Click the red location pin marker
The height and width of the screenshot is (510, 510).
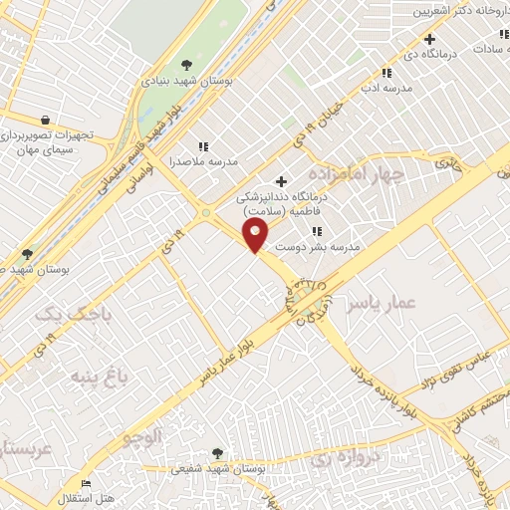[257, 236]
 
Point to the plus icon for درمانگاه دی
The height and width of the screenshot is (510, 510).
[429, 40]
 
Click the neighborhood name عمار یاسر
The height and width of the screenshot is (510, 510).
[378, 303]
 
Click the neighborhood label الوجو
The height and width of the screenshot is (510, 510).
[141, 436]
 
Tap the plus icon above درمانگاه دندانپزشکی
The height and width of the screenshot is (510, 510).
[282, 181]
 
